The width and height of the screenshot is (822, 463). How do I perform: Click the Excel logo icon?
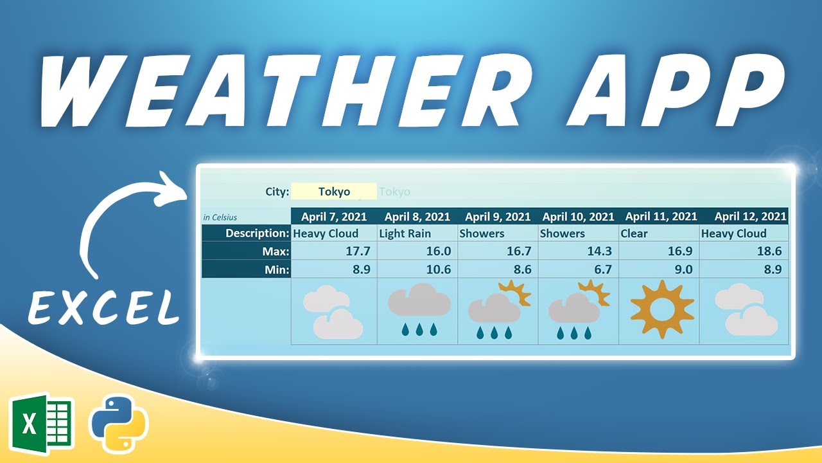coord(42,423)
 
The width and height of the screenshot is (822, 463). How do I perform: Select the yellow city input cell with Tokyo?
coord(334,192)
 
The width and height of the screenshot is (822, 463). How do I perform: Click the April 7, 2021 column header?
coord(334,217)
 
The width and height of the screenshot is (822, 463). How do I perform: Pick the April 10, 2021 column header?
coord(578,217)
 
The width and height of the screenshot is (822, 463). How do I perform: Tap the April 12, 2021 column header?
coord(750,217)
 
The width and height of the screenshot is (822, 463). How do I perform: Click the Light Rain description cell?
coord(405,233)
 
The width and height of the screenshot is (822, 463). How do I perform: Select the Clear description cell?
coord(634,233)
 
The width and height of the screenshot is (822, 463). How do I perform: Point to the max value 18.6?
coord(769,251)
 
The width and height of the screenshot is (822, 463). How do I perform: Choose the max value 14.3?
coord(599,251)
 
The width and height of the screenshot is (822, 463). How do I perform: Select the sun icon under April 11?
coord(662,309)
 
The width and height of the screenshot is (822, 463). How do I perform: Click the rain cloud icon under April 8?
coord(418,309)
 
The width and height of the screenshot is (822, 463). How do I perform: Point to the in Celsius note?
coord(220,217)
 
